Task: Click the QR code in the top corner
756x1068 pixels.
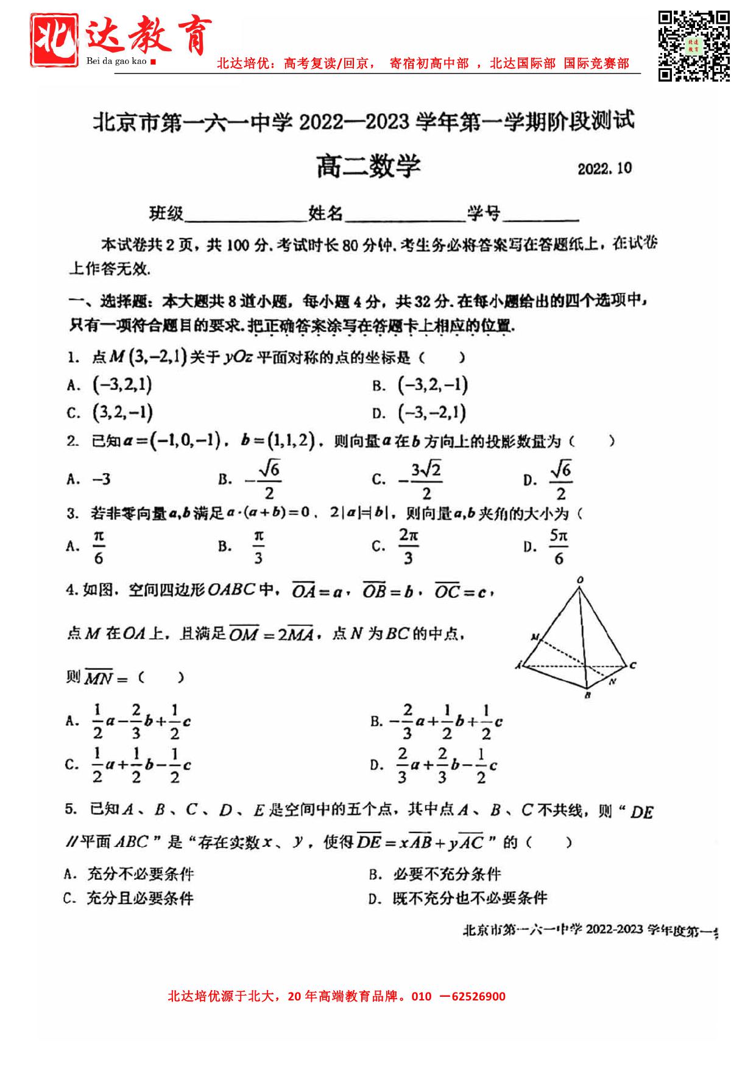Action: click(694, 45)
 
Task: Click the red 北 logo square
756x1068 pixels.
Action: click(55, 40)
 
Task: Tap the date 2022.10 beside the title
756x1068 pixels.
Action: click(604, 169)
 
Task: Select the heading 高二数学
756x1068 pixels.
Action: click(369, 166)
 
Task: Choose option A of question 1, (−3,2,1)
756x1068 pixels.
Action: click(121, 385)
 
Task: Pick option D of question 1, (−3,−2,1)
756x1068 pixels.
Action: click(431, 413)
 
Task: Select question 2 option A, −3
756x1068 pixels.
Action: click(101, 480)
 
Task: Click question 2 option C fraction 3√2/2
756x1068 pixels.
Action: click(420, 480)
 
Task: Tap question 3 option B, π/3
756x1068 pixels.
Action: click(258, 547)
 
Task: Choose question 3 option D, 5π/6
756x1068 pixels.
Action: click(558, 547)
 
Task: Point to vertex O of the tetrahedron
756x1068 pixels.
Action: click(580, 580)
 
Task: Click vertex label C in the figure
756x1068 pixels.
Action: click(633, 666)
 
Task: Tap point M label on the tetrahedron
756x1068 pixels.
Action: click(534, 638)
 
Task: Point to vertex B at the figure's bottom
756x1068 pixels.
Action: click(587, 695)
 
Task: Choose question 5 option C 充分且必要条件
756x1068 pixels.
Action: click(140, 899)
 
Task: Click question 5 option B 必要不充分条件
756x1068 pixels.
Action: click(447, 874)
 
